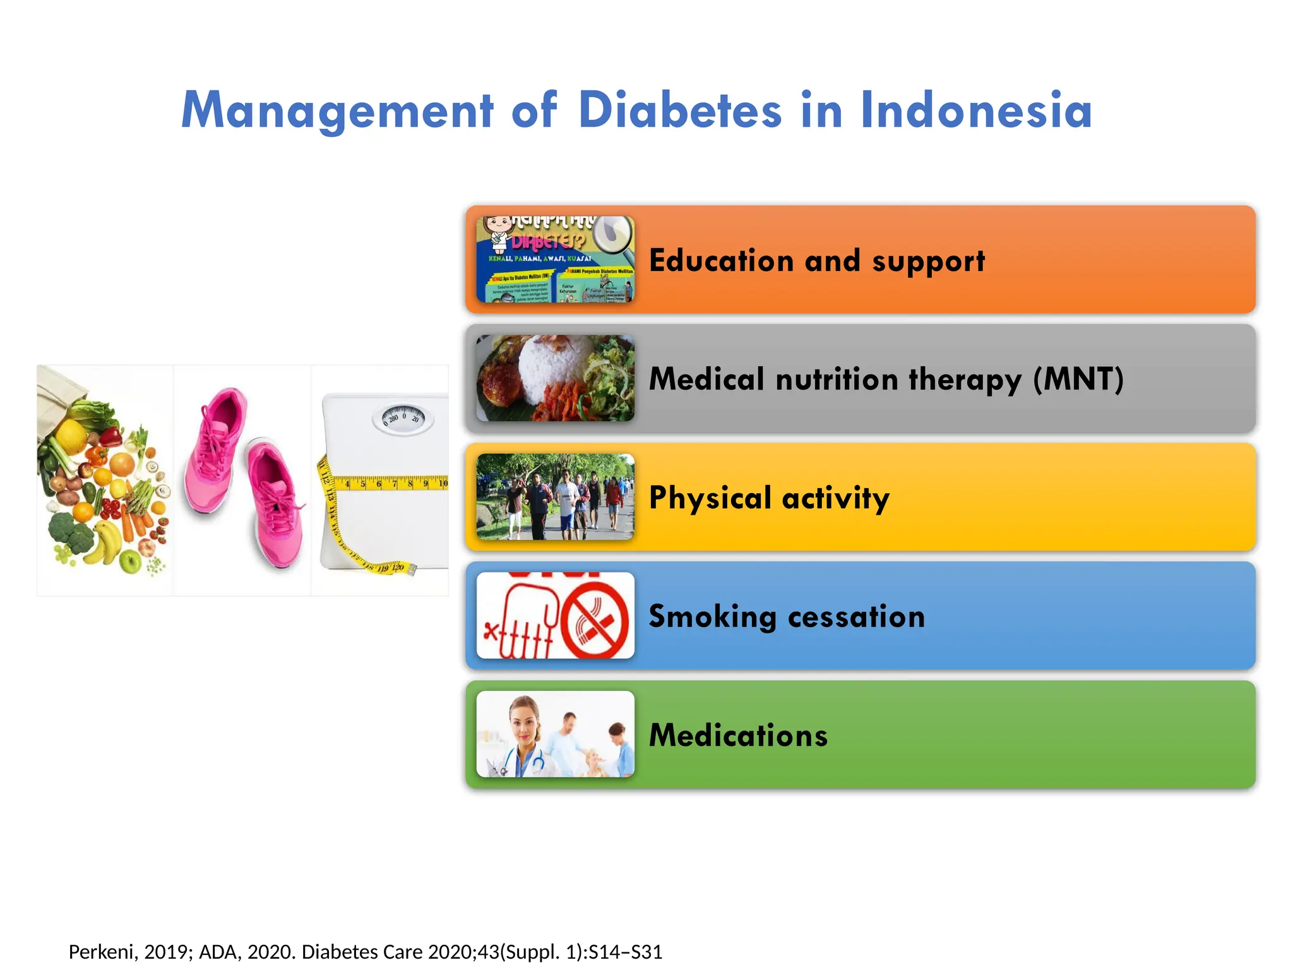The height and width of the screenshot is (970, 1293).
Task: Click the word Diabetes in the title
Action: click(680, 111)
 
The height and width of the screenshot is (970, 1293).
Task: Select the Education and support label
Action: click(816, 261)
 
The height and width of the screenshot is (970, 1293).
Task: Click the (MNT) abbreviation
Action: click(1078, 380)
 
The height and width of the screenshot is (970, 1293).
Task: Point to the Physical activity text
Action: click(769, 498)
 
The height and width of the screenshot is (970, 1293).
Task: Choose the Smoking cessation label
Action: click(787, 617)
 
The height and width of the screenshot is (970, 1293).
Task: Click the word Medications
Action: click(738, 736)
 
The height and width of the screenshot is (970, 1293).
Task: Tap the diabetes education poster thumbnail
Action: click(555, 260)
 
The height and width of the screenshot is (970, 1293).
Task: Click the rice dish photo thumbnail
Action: click(555, 378)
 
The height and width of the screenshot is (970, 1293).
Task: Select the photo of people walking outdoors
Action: click(555, 497)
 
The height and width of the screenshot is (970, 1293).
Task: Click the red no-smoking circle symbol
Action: click(594, 620)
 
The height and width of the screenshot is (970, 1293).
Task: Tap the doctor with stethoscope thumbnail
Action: click(555, 734)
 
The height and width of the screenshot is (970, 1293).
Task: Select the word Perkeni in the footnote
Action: click(101, 952)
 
